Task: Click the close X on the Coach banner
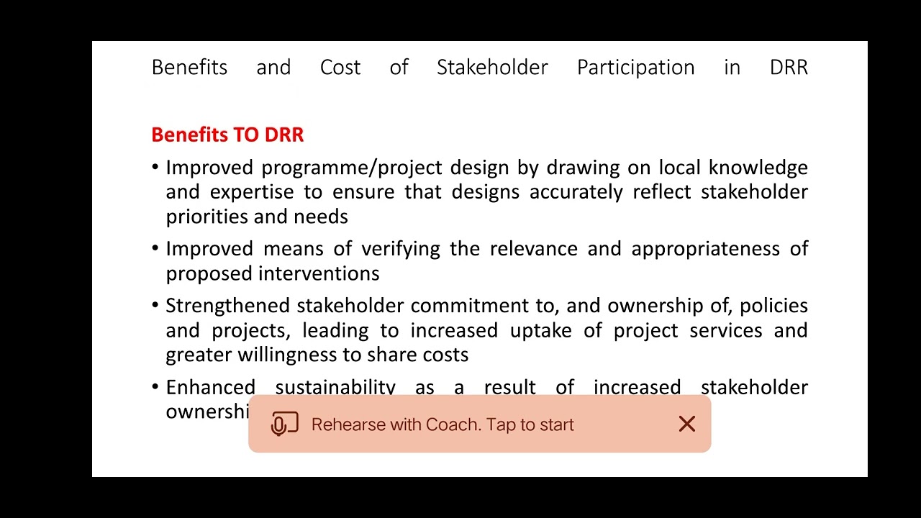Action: pyautogui.click(x=686, y=424)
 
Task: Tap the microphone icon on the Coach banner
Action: pyautogui.click(x=284, y=424)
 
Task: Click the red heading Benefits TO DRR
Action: pyautogui.click(x=227, y=135)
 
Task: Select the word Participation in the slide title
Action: pyautogui.click(x=635, y=68)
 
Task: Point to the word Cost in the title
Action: pyautogui.click(x=340, y=68)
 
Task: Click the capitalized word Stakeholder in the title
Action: pyautogui.click(x=492, y=68)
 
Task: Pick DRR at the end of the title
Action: pyautogui.click(x=789, y=68)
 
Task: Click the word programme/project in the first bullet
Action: pyautogui.click(x=350, y=168)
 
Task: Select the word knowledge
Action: pyautogui.click(x=758, y=168)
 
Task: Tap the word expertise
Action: pyautogui.click(x=252, y=192)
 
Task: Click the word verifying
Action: pyautogui.click(x=400, y=249)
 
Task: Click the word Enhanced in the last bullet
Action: pyautogui.click(x=210, y=387)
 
